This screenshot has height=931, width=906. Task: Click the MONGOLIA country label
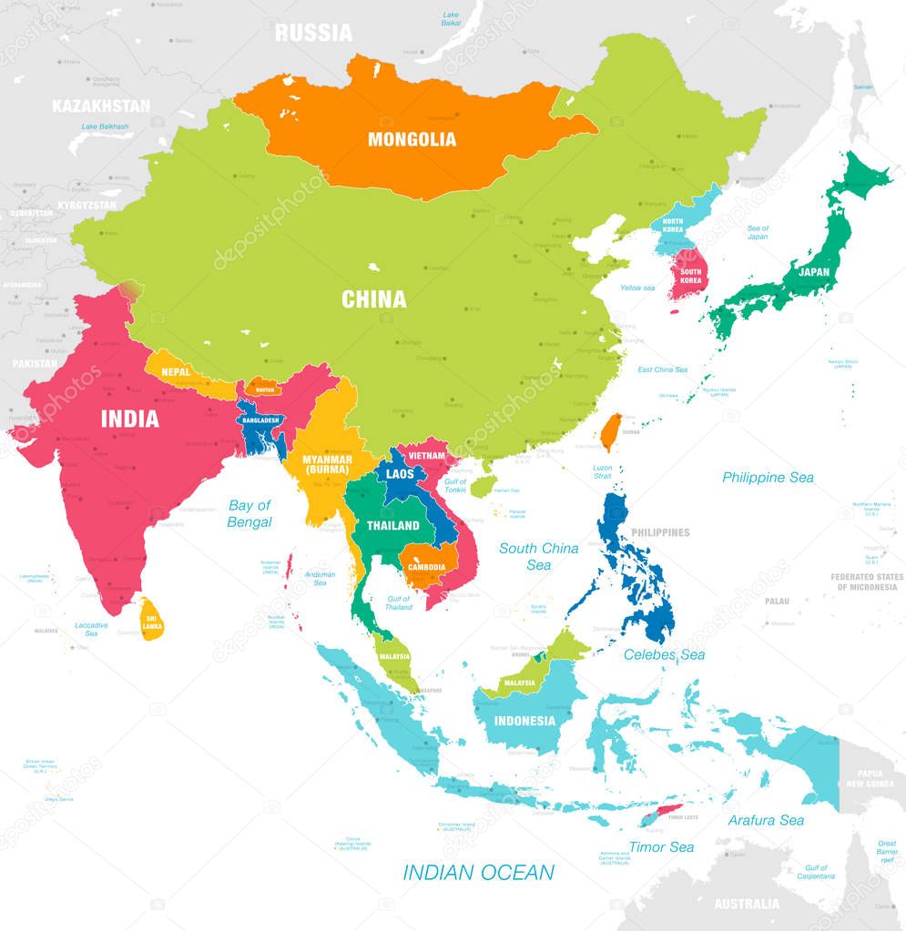(x=412, y=139)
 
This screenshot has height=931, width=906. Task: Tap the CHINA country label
(x=373, y=299)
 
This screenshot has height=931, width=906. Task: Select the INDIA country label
(x=129, y=419)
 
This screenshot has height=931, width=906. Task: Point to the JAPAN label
(x=813, y=271)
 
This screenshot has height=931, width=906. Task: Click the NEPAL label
(x=176, y=371)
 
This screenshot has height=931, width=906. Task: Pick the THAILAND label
(x=393, y=525)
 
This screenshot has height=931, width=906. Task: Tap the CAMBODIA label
(x=426, y=566)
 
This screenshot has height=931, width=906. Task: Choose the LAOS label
(x=400, y=474)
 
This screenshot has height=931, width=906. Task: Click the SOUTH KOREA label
(x=690, y=275)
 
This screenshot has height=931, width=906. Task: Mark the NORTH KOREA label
(x=673, y=227)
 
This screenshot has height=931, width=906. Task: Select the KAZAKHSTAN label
(x=101, y=106)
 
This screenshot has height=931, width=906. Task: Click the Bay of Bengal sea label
(x=249, y=513)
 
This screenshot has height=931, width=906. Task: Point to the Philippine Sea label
(x=768, y=477)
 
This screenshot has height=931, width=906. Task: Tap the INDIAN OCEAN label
(x=478, y=872)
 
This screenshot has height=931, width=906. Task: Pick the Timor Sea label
(x=660, y=847)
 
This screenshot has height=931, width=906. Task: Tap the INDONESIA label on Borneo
(x=524, y=721)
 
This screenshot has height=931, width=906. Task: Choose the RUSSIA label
(x=313, y=33)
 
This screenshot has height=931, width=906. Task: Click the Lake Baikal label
(x=451, y=19)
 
